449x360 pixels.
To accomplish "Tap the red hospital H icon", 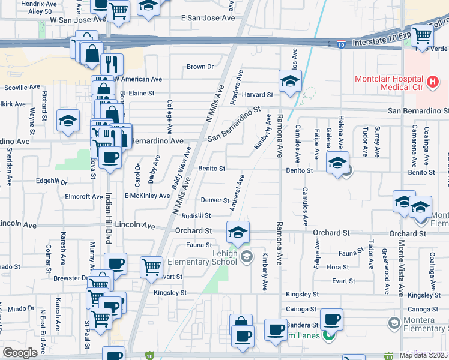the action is pos(432,82).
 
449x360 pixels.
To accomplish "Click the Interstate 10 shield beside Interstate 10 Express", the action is pos(342,43).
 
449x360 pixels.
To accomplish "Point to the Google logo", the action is pos(20,353).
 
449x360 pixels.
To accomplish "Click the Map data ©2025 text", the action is pos(424,355).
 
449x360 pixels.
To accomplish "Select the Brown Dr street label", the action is pos(200,67).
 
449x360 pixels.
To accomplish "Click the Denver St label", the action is pos(215,200).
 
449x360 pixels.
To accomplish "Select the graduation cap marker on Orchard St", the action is pos(238,231).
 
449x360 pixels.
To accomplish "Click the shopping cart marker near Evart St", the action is pos(152,265).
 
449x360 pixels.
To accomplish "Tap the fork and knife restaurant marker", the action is pos(112,63).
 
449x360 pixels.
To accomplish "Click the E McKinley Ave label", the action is pos(147,196).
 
